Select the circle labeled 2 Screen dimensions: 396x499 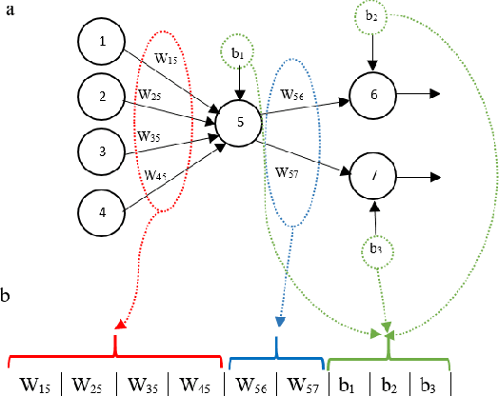pyautogui.click(x=100, y=95)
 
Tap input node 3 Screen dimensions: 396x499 pyautogui.click(x=100, y=150)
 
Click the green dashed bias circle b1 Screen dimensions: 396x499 pyautogui.click(x=237, y=52)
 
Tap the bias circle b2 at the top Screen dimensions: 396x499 pyautogui.click(x=371, y=17)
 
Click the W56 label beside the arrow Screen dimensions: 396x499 pyautogui.click(x=292, y=93)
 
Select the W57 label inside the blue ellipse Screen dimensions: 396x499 pyautogui.click(x=287, y=172)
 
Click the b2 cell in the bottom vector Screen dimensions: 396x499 pyautogui.click(x=389, y=384)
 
